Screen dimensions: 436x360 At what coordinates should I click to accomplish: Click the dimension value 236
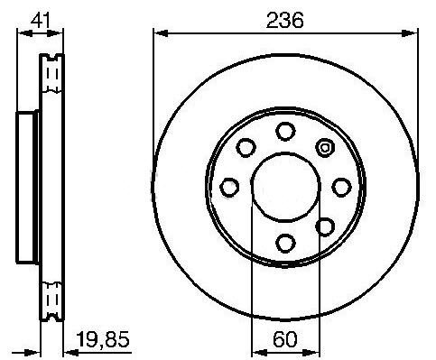tap(285, 20)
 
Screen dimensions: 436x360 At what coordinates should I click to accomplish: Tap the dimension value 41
tap(40, 20)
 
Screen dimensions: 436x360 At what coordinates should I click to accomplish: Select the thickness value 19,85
tap(103, 339)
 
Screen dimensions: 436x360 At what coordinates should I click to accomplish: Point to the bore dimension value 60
tap(285, 339)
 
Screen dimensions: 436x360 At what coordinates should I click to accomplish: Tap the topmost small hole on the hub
tap(285, 131)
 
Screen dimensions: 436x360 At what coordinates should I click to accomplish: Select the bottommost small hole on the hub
tap(285, 243)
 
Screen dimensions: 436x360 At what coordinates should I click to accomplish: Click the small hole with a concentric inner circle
tap(325, 148)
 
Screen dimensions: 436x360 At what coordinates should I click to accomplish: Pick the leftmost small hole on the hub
tap(229, 187)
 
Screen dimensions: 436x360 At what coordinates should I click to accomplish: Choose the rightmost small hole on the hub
tap(341, 187)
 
